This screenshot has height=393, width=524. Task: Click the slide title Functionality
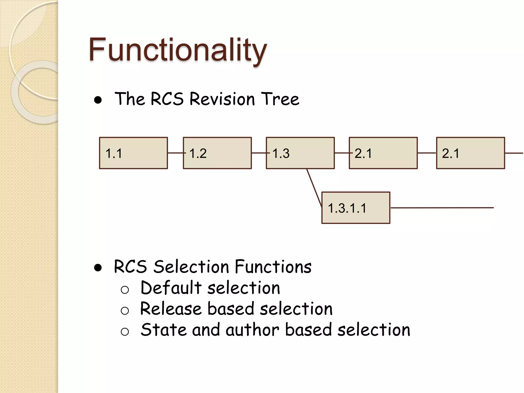178,50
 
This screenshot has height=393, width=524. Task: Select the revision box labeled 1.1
133,153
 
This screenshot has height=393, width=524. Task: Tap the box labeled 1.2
217,153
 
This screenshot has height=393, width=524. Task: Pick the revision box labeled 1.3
300,153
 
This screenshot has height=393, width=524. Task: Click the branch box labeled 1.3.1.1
356,208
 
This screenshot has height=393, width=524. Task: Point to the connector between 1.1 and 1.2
176,153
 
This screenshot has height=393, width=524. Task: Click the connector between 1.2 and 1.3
259,153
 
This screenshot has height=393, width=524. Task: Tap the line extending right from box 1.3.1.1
442,208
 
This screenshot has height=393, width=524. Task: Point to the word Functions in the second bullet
273,267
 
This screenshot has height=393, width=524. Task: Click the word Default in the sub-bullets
171,288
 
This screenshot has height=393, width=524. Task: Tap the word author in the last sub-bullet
252,330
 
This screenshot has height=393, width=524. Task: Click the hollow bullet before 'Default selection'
125,290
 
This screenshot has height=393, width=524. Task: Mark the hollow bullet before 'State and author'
125,332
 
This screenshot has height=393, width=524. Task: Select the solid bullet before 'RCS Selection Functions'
98,268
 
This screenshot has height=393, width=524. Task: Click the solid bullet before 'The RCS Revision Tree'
98,100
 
